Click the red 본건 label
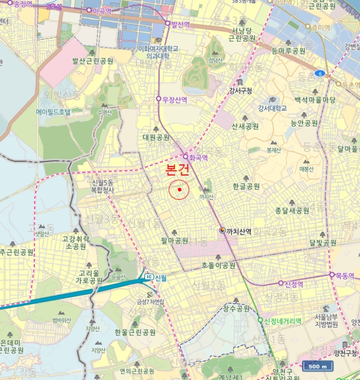(x=178, y=170)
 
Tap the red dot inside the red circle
(x=179, y=190)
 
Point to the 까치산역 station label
(x=238, y=231)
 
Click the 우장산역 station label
(x=175, y=99)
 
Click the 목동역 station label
(x=345, y=275)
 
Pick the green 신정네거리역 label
(x=282, y=321)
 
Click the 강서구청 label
(x=241, y=90)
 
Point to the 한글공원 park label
(x=246, y=186)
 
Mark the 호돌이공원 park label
(x=218, y=265)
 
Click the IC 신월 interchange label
(x=156, y=277)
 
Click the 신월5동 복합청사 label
(x=103, y=187)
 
